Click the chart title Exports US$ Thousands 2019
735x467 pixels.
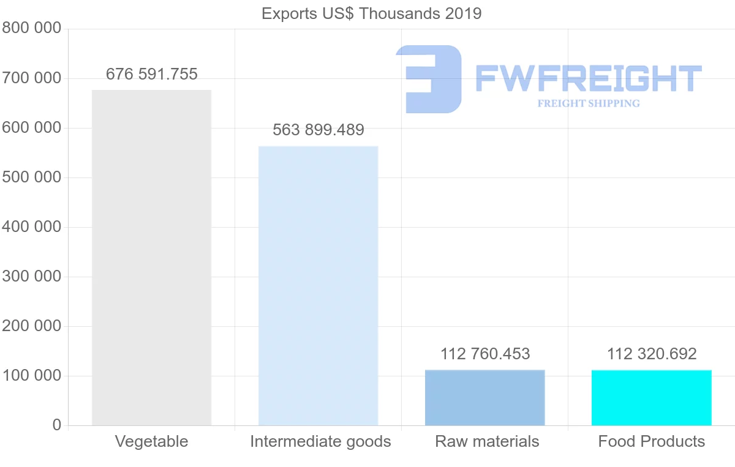(x=371, y=13)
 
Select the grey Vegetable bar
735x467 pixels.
(x=151, y=257)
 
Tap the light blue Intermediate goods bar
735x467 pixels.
(x=318, y=285)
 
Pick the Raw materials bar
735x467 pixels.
(x=484, y=397)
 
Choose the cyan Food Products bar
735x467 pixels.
(x=651, y=397)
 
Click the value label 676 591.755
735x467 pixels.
(x=151, y=75)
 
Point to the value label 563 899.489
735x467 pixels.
(x=318, y=130)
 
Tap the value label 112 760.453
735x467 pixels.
(x=484, y=354)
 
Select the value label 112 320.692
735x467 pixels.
(x=651, y=354)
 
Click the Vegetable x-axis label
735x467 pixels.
(x=151, y=441)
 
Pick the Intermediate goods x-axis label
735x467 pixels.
(x=320, y=441)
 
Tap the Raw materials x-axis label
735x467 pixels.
(x=487, y=441)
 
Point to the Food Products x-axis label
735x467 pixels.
(x=651, y=441)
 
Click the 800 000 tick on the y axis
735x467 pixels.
(x=31, y=29)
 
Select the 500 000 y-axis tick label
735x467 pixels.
(x=31, y=177)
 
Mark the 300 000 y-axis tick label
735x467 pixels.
(x=31, y=277)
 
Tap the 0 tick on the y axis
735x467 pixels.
(x=57, y=425)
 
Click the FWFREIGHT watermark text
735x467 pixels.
(x=588, y=79)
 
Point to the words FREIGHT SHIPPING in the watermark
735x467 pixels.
(x=588, y=103)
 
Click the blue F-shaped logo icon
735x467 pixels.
(x=429, y=79)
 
